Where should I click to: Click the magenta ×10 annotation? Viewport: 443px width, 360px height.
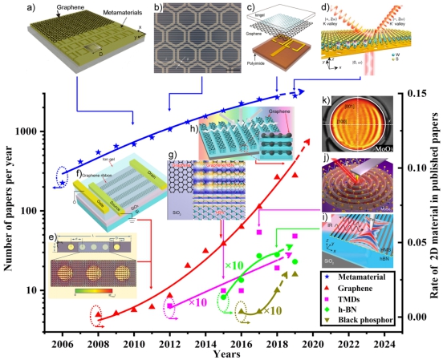coord(197,302)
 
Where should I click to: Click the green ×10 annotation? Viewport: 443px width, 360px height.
coord(234,265)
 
